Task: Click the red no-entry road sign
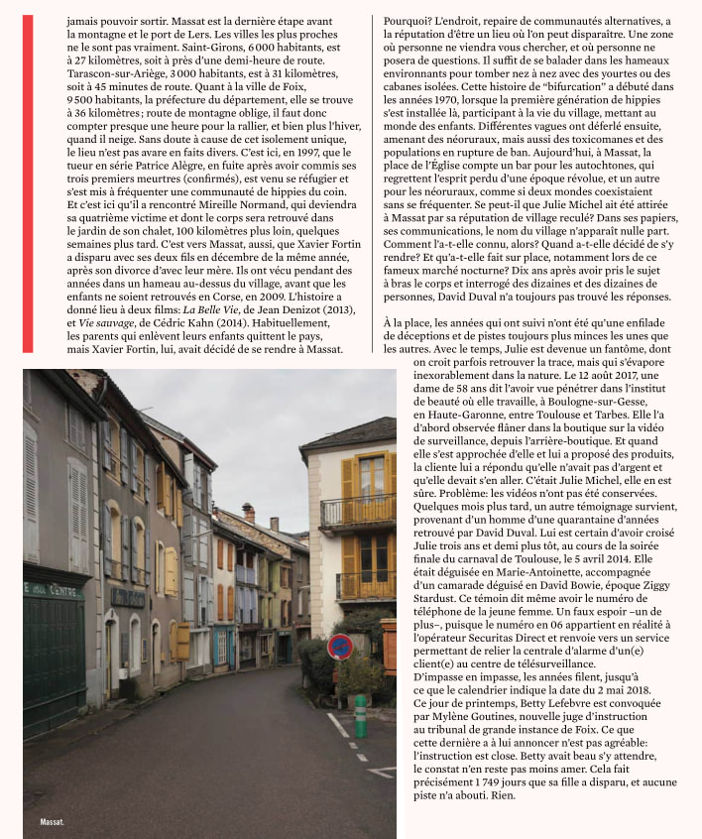click(339, 646)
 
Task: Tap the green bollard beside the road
click(360, 715)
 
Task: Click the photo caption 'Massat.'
click(52, 822)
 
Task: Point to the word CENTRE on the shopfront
click(67, 591)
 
